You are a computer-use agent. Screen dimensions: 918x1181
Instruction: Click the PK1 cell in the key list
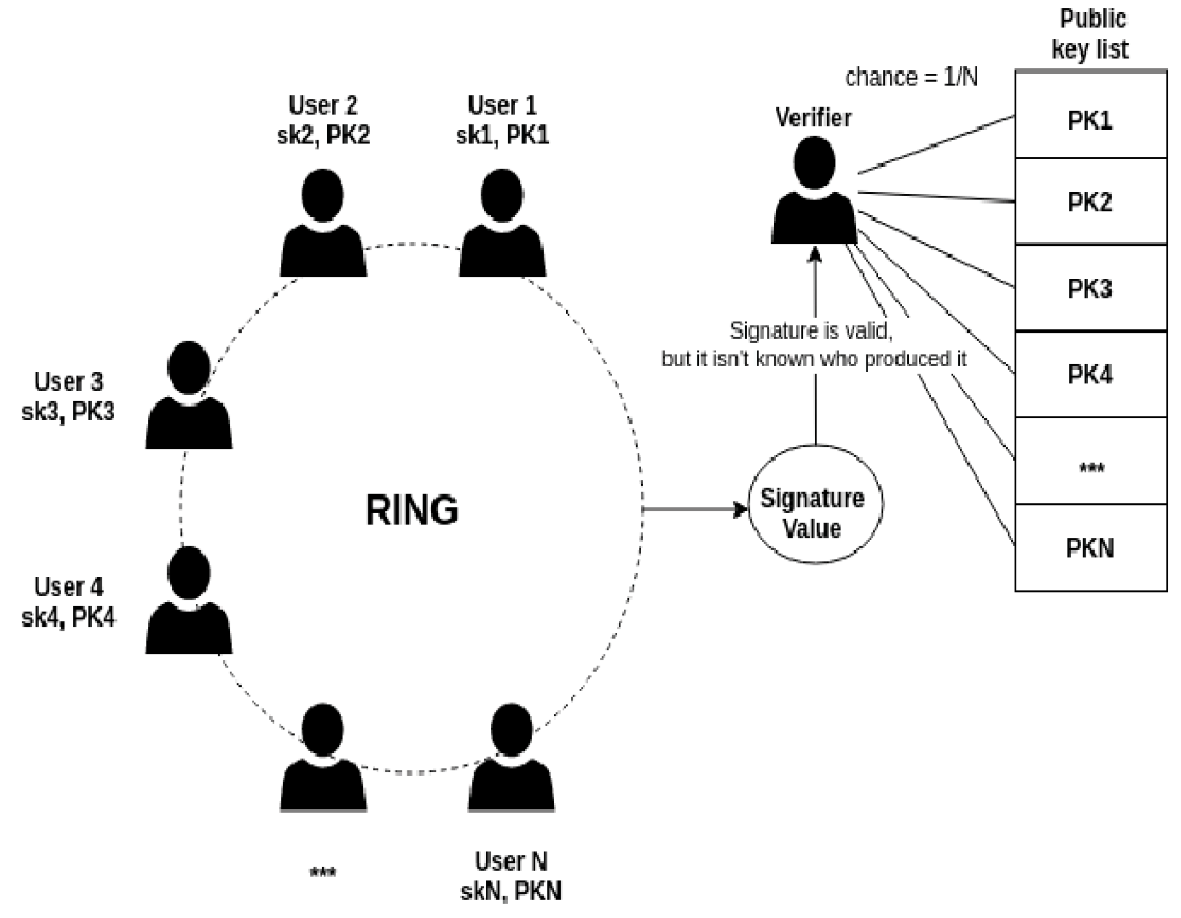click(1090, 120)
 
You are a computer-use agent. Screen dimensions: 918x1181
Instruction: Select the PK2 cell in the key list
click(1090, 202)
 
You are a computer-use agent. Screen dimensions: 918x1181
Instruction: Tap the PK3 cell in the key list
click(1090, 288)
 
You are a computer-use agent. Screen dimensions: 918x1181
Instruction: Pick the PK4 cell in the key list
click(1090, 374)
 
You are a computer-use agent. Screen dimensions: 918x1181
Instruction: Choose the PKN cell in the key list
click(1090, 548)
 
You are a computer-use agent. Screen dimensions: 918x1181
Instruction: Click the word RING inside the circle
click(412, 509)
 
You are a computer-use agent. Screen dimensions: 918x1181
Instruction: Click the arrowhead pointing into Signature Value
click(740, 509)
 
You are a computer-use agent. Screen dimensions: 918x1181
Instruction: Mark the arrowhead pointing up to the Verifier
click(815, 255)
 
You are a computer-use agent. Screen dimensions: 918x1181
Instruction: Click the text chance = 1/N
click(911, 78)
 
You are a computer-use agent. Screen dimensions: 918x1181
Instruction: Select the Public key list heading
click(1090, 34)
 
